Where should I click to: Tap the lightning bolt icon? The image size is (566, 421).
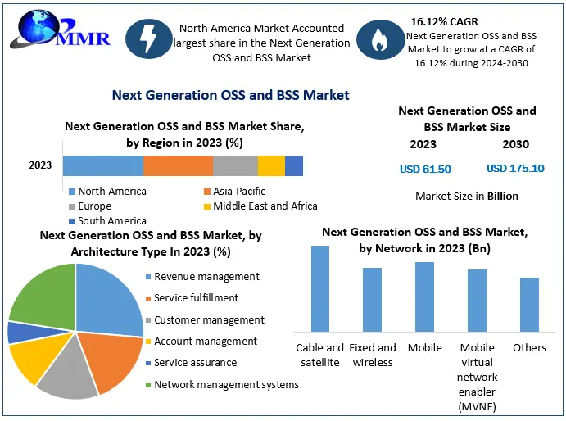pyautogui.click(x=150, y=43)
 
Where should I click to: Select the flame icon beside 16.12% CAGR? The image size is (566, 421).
pyautogui.click(x=378, y=43)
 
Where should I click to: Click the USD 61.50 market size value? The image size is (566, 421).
pyautogui.click(x=425, y=169)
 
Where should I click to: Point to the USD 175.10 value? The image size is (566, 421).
pyautogui.click(x=515, y=169)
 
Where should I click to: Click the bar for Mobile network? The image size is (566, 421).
pyautogui.click(x=424, y=297)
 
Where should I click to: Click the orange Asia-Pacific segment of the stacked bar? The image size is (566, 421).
pyautogui.click(x=178, y=165)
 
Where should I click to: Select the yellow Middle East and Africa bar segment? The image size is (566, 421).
pyautogui.click(x=271, y=165)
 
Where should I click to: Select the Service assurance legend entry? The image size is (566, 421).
pyautogui.click(x=195, y=363)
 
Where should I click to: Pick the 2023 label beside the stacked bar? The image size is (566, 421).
pyautogui.click(x=40, y=165)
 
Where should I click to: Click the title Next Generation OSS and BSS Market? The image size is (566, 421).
pyautogui.click(x=231, y=96)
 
